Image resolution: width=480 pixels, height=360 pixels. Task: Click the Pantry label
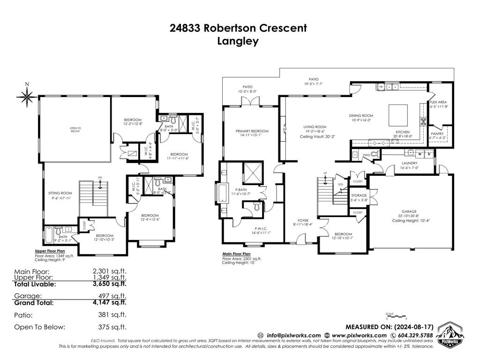tap(439, 133)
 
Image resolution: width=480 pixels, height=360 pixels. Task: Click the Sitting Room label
tap(60, 193)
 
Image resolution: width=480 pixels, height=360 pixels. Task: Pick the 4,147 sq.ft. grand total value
tap(110, 303)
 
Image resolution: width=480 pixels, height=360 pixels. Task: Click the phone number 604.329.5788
tap(415, 335)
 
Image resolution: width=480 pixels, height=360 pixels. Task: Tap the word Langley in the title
tap(238, 41)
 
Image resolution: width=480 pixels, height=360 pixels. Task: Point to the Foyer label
tap(303, 220)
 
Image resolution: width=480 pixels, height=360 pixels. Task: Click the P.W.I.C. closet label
tap(249, 229)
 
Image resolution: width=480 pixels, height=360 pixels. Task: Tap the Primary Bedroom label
tap(252, 131)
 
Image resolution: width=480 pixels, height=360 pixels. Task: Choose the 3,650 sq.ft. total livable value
tap(110, 284)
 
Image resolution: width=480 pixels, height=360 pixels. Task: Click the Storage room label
tap(359, 195)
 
